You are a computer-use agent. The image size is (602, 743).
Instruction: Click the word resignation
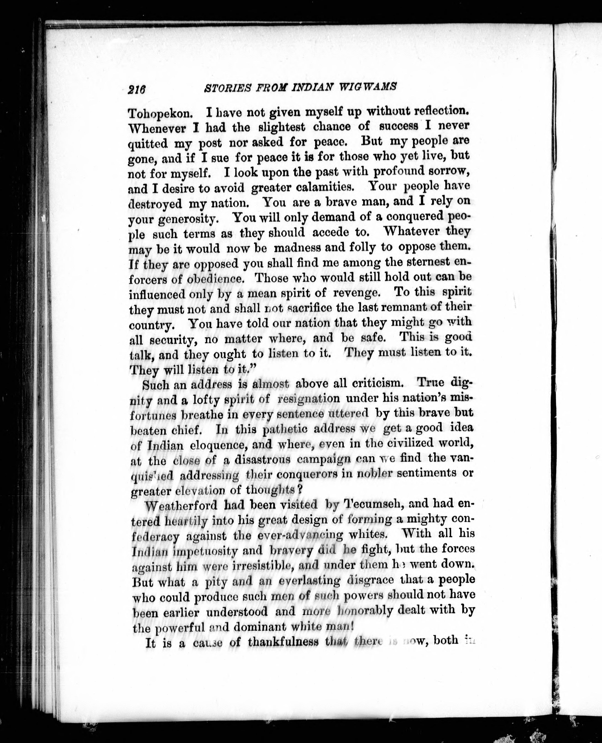click(x=309, y=398)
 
